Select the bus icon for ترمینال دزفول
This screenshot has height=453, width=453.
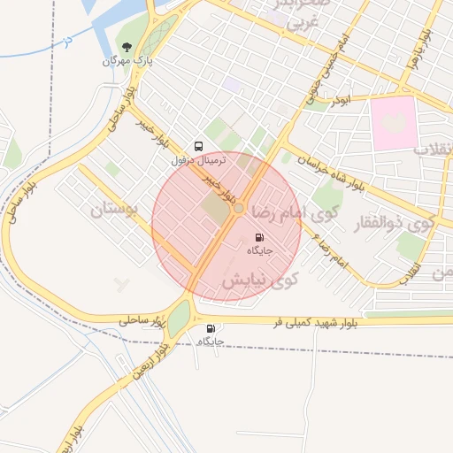tap(197, 146)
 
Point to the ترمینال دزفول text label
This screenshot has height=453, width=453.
tap(199, 161)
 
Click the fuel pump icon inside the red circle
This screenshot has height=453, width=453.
tap(259, 237)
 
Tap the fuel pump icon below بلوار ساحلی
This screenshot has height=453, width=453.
tap(210, 329)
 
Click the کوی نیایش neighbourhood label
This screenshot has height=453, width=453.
tap(260, 280)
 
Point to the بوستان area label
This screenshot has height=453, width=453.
tap(115, 211)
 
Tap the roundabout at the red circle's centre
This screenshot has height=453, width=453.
tap(239, 208)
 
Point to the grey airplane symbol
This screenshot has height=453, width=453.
tap(123, 284)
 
